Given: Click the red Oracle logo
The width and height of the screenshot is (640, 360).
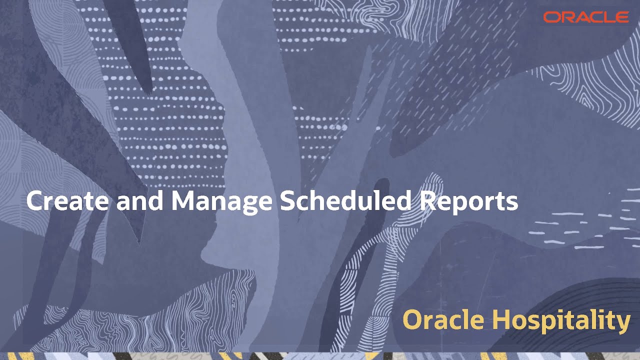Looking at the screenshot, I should (x=585, y=17).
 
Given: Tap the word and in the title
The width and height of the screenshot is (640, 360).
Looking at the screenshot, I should (x=142, y=201).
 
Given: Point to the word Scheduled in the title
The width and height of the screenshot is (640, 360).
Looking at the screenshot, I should (x=344, y=201).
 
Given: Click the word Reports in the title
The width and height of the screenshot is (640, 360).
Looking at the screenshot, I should (x=468, y=201).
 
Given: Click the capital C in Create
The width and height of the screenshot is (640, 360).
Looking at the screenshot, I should (x=34, y=201).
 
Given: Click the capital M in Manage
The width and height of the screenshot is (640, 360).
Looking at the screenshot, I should (x=182, y=201).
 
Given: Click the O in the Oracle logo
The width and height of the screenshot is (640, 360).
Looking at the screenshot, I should (x=551, y=17).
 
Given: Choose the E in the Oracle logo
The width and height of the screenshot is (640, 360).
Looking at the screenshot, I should (x=621, y=17).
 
